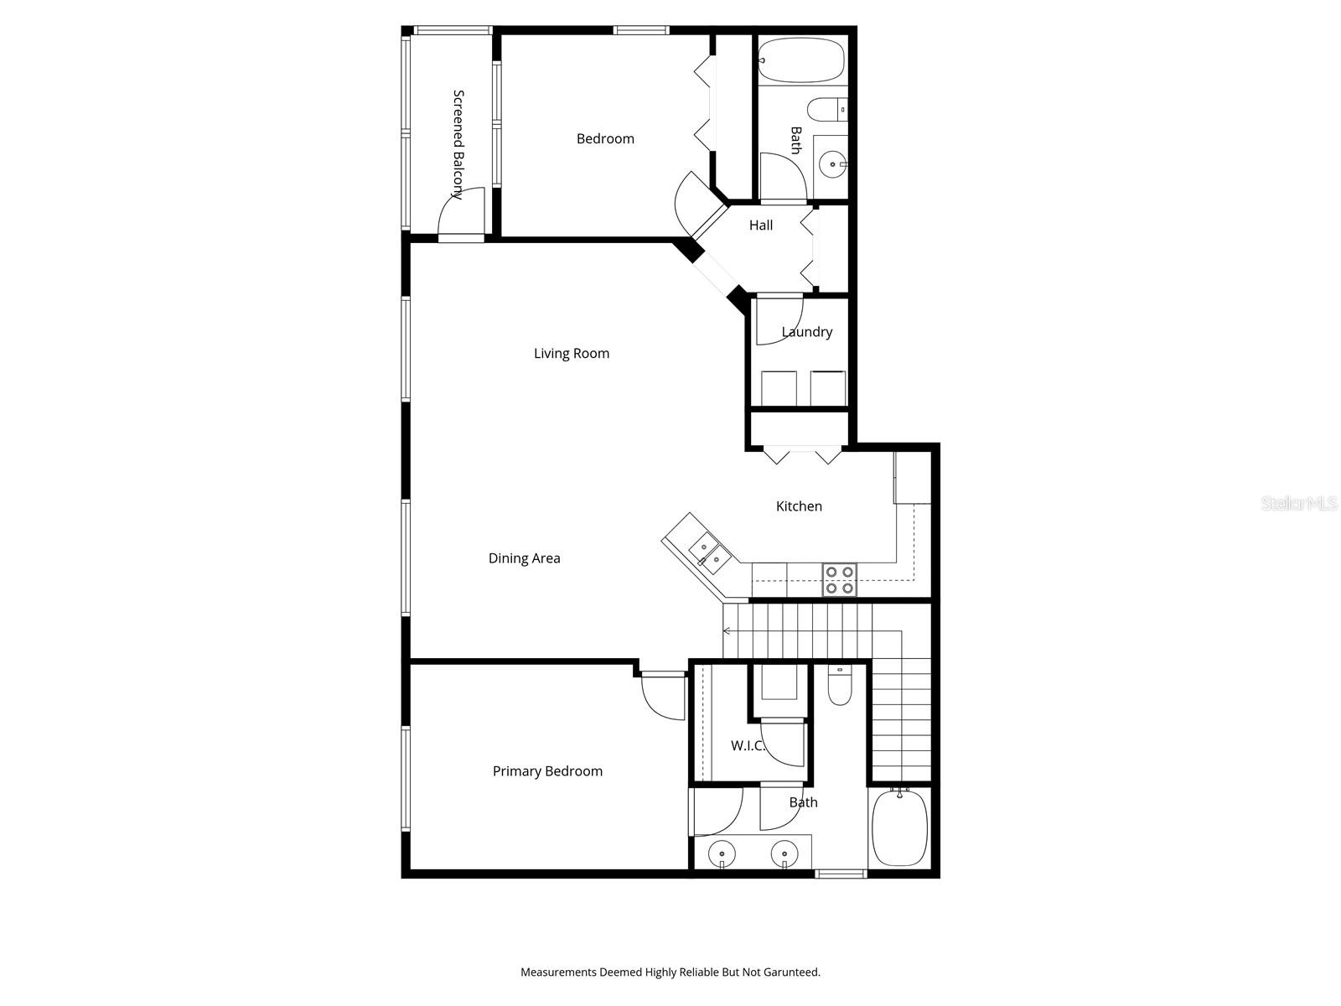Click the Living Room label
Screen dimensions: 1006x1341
pos(572,354)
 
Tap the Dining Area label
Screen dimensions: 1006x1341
pos(525,558)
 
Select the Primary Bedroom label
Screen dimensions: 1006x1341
pos(547,771)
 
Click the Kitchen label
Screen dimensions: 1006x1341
pos(799,506)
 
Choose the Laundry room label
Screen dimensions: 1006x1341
pos(806,332)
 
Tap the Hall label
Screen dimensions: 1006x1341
pos(761,226)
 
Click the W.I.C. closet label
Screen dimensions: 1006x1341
pos(748,745)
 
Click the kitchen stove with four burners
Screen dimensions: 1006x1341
pos(840,579)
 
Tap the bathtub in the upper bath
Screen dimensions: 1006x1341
pos(800,60)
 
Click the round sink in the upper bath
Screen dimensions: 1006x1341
pos(832,164)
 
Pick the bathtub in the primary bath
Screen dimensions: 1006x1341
pos(899,828)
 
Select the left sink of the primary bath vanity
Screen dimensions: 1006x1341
pos(721,855)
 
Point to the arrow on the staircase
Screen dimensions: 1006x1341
pos(727,630)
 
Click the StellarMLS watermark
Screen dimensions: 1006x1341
pos(1299,504)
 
